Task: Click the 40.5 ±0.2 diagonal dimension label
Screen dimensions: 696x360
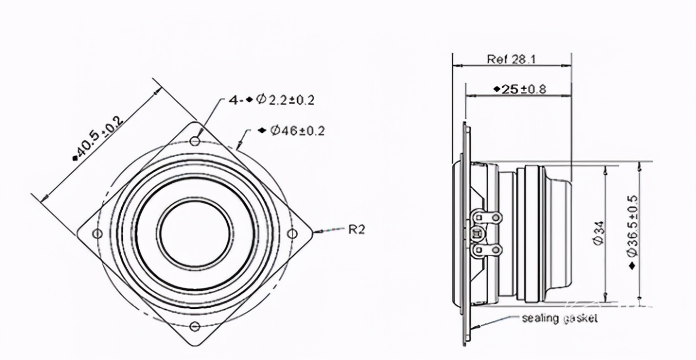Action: coord(98,138)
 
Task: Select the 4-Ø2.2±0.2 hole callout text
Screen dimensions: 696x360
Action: coord(271,100)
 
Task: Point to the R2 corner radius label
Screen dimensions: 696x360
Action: coord(356,229)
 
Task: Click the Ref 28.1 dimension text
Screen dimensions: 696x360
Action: coord(512,59)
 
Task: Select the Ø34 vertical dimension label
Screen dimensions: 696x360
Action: coord(599,233)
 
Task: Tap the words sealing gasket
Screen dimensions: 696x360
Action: coord(560,319)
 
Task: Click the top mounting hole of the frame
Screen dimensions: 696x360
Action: coord(195,142)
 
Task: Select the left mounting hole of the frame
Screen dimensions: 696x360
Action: coord(98,233)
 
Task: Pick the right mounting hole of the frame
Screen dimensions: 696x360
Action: coord(292,234)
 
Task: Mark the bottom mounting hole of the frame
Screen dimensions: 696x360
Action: coord(195,326)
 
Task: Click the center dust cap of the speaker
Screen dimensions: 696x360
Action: coord(195,234)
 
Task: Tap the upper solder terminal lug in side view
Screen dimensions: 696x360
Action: coord(487,217)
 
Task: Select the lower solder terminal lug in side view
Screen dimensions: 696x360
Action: coord(487,250)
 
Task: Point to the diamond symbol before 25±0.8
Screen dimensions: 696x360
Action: coord(497,89)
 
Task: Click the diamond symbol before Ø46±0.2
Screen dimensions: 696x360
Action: coord(263,131)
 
